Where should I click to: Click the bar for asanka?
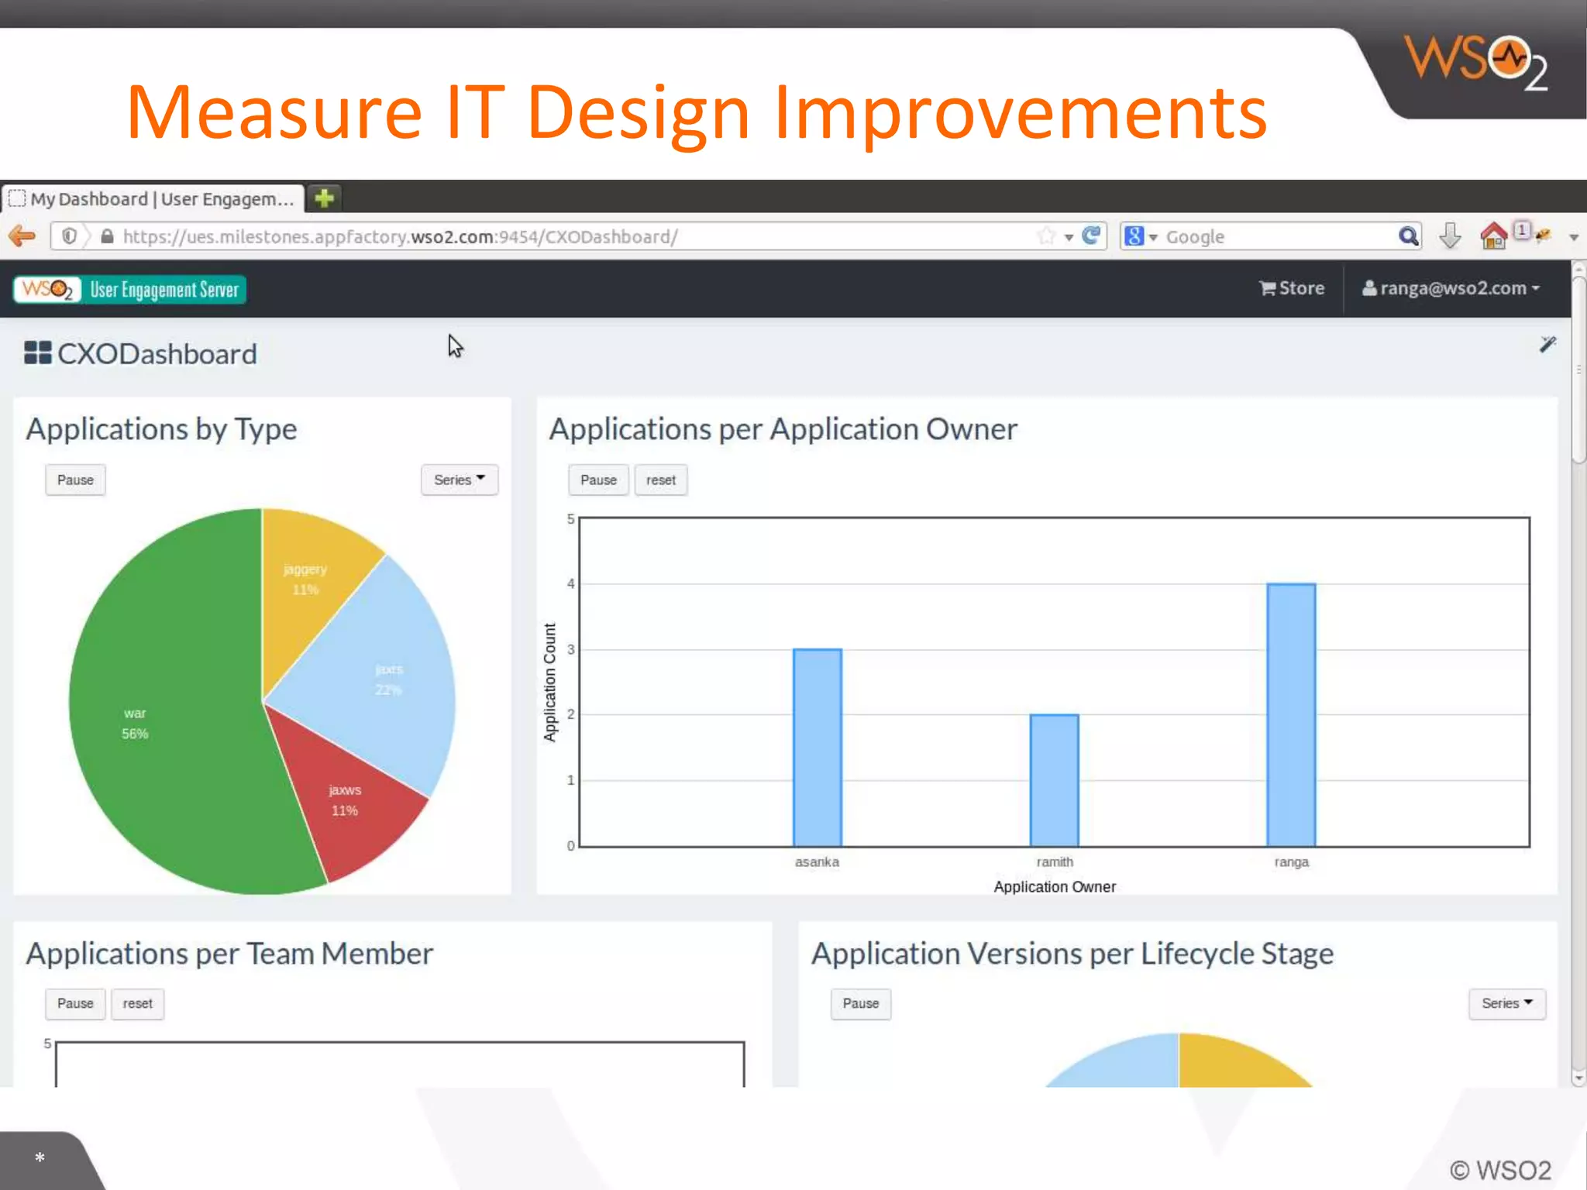[817, 748]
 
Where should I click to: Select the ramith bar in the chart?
[1054, 780]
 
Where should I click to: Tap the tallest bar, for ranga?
[1291, 714]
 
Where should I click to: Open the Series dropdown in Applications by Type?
[459, 480]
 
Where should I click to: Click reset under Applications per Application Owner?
[660, 480]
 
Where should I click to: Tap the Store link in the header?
[1292, 288]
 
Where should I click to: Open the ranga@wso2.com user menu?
[1451, 288]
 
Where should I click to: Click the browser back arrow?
[22, 236]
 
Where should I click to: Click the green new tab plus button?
[324, 198]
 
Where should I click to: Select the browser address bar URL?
[400, 236]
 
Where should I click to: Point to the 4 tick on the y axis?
[570, 583]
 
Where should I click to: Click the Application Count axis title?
[549, 682]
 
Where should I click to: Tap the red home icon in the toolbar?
[1492, 236]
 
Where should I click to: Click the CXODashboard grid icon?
[37, 353]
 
